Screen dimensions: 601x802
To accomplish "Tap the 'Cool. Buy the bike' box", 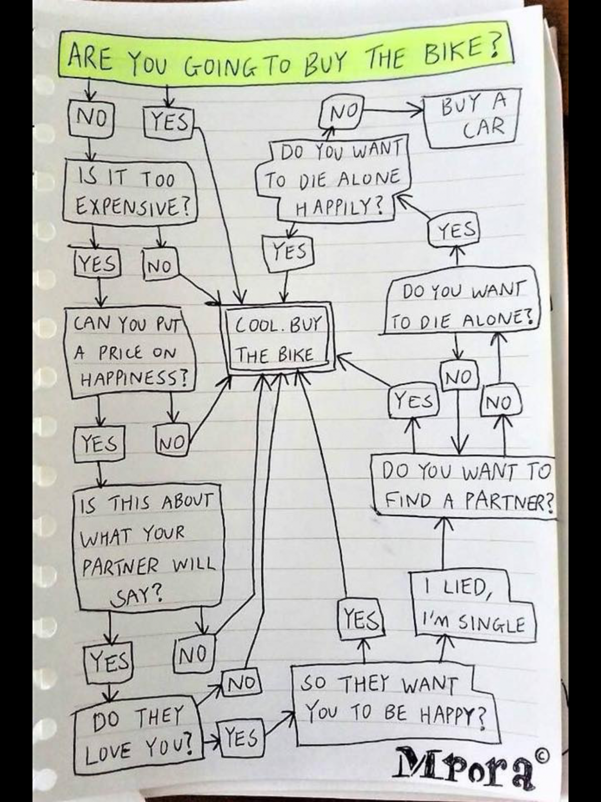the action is pos(278,338).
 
